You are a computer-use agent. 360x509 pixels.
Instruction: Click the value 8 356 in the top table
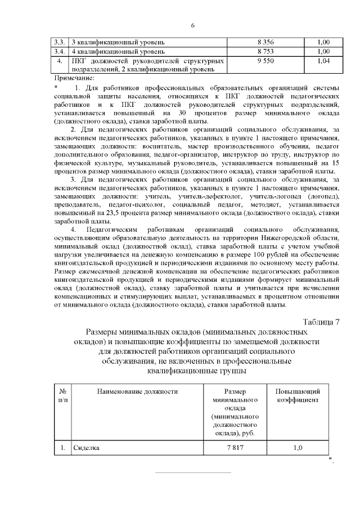[x=265, y=42]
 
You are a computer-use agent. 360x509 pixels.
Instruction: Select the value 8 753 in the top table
[x=265, y=51]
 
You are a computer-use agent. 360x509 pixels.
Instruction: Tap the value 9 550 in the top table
[x=265, y=60]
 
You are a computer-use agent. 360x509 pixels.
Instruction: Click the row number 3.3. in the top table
[x=59, y=42]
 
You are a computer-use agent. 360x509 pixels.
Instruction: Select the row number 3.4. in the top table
[x=59, y=51]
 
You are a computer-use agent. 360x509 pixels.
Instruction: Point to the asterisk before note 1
[x=56, y=87]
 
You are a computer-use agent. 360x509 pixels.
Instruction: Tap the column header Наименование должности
[x=137, y=391]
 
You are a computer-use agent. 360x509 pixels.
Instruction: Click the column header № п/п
[x=62, y=395]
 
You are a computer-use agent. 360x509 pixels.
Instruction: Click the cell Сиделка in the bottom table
[x=87, y=448]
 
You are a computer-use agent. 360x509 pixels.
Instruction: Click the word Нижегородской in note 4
[x=280, y=238]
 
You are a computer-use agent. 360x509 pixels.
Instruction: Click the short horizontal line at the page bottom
[x=193, y=472]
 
